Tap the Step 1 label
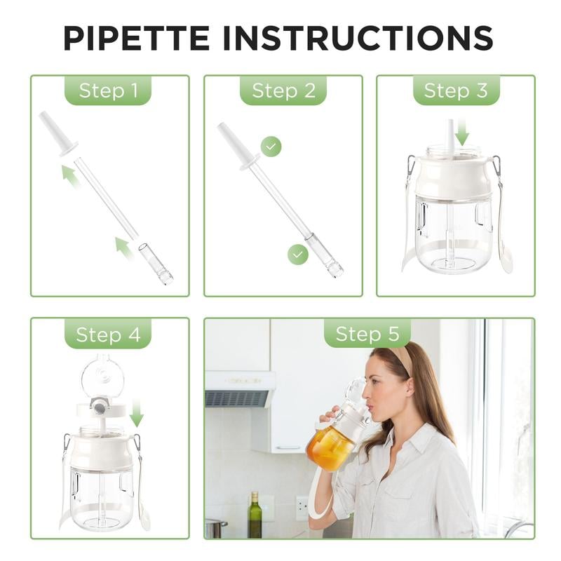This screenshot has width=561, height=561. tap(108, 90)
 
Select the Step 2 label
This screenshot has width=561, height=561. tap(283, 90)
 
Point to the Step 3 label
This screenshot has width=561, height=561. tap(456, 90)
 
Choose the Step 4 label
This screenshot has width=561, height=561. tap(108, 334)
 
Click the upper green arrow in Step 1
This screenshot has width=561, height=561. tap(70, 175)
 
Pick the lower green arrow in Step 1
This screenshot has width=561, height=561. tap(124, 248)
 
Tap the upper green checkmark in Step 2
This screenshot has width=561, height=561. tap(271, 147)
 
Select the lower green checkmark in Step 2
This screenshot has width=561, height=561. tap(298, 254)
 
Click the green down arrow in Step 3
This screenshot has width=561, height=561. tap(461, 131)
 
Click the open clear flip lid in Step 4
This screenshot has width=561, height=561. tap(102, 377)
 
